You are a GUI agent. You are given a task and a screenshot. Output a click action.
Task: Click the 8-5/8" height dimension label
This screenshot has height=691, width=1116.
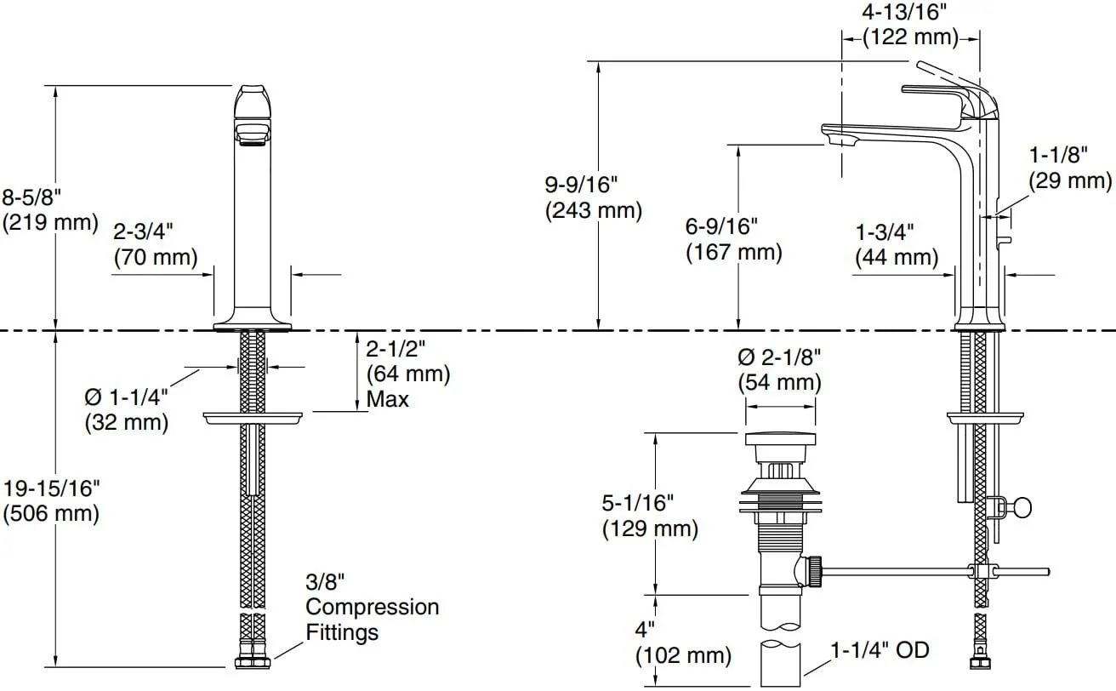[x=31, y=197]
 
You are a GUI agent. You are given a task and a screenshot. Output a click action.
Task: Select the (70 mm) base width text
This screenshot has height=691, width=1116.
[x=156, y=257]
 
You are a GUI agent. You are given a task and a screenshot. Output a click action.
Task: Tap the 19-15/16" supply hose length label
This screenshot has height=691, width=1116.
[x=52, y=488]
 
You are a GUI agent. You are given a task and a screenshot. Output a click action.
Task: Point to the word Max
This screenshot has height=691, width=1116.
[x=387, y=399]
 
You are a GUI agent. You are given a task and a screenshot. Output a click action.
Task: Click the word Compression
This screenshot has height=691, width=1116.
[x=373, y=607]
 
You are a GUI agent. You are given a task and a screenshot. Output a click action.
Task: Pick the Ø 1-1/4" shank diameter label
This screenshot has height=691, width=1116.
[x=126, y=397]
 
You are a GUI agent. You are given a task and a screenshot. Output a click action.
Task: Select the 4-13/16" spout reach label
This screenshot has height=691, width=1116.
[x=903, y=13]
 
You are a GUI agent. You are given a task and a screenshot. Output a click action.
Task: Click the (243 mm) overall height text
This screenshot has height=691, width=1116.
[x=594, y=210]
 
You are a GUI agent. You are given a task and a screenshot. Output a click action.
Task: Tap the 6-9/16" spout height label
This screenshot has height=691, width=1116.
[x=721, y=226]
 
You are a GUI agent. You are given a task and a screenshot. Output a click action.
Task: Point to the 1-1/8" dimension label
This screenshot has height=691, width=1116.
[x=1059, y=155]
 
